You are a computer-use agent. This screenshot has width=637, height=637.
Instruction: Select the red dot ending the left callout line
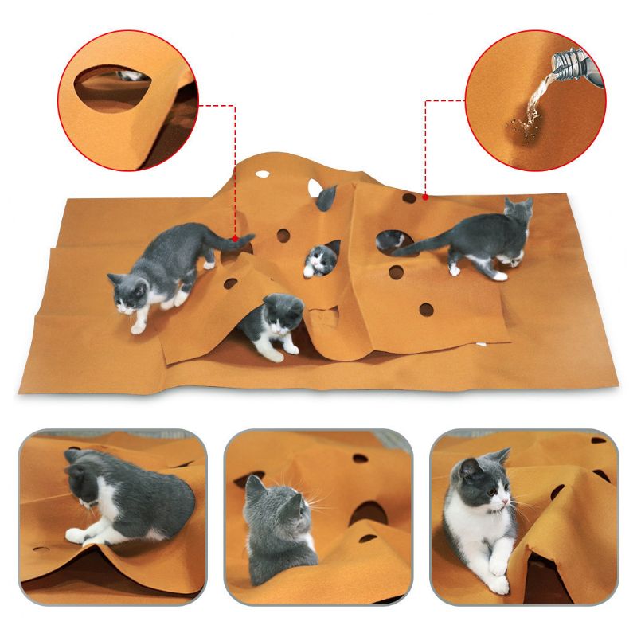[235, 236]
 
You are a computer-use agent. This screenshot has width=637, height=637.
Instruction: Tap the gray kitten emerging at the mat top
[326, 197]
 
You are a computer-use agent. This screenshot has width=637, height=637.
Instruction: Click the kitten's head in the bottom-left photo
[84, 481]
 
